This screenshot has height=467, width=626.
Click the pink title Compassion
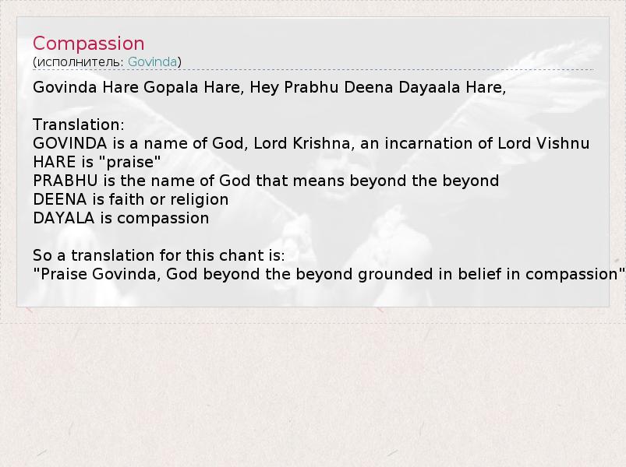88,44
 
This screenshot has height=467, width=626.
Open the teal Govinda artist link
152,61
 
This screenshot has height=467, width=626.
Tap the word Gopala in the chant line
171,87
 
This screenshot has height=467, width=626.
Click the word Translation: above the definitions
79,125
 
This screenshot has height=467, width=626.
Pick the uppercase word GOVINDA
70,143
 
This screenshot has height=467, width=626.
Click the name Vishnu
563,143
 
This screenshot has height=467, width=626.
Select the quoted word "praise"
129,162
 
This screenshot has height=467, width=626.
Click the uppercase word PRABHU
65,181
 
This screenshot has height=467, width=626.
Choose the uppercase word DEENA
59,199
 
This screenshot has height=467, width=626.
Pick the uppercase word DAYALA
63,219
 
